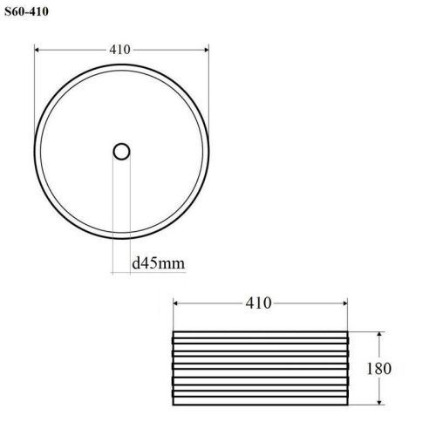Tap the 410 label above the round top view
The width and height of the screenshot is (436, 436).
(x=121, y=50)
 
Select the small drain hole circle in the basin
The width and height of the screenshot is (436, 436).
(x=122, y=152)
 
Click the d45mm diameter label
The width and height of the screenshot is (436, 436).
(x=158, y=262)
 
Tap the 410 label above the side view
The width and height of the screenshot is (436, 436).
(x=258, y=303)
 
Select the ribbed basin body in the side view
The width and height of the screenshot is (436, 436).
(x=262, y=367)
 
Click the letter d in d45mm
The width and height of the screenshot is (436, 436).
(x=137, y=262)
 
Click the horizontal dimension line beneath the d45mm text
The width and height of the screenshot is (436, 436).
(x=148, y=273)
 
